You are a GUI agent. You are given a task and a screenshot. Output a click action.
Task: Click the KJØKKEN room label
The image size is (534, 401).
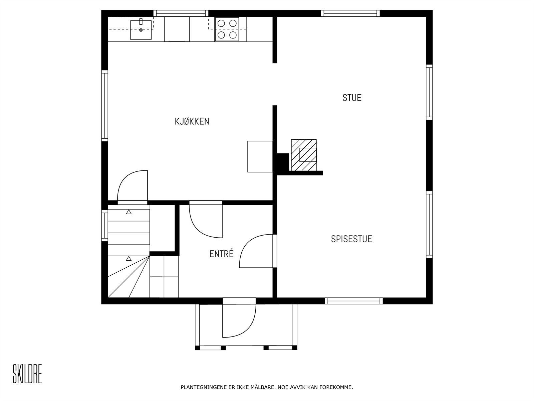coord(192,121)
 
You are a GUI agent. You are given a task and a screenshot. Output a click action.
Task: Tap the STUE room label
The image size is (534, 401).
coord(352,98)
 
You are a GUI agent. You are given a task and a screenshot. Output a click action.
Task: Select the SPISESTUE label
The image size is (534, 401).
coord(351,239)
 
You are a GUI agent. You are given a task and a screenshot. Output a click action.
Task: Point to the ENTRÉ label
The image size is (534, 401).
coord(221,254)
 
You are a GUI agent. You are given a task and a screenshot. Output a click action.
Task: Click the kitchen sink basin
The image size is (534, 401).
coord(141,30)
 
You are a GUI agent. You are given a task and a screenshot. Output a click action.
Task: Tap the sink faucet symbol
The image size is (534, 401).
coord(141,22)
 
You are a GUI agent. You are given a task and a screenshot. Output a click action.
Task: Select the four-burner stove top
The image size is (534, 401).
coord(227,29)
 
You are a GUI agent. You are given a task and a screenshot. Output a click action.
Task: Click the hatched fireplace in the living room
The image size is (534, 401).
coord(304,155)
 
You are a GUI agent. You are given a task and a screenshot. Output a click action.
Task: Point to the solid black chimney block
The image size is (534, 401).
coord(283,162)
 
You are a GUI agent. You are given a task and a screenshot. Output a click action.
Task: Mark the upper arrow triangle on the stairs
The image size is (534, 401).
coord(129,212)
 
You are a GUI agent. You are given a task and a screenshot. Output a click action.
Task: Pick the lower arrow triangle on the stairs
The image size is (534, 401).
coord(129,258)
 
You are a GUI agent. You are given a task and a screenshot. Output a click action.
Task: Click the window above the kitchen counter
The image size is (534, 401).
coord(181,13)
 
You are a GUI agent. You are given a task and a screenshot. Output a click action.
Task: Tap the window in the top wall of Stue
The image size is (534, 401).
coord(350,13)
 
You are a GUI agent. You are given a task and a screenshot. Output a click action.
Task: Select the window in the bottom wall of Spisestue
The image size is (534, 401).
coord(354,301)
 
